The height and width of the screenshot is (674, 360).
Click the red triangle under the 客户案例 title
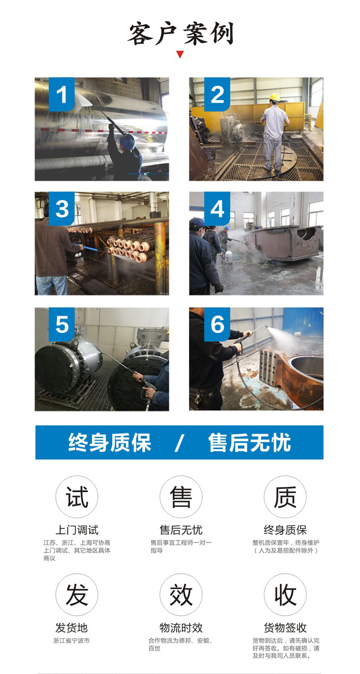(x=180, y=54)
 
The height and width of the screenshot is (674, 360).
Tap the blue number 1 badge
(x=62, y=94)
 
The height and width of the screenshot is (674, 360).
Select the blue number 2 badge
(x=217, y=94)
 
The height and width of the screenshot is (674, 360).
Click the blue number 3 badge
(x=62, y=209)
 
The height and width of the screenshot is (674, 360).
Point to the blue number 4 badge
(x=217, y=209)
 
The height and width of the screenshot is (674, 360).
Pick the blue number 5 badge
(x=62, y=324)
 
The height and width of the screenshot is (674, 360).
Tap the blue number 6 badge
(x=217, y=324)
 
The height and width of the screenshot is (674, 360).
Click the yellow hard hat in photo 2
(x=274, y=97)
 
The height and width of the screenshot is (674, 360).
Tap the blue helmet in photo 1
(x=127, y=141)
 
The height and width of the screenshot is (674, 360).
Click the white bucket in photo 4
(x=229, y=258)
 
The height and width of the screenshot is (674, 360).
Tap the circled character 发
(x=77, y=594)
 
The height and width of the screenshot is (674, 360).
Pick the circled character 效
(x=181, y=594)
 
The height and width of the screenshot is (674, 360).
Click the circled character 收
(x=285, y=594)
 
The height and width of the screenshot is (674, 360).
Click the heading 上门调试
(x=77, y=530)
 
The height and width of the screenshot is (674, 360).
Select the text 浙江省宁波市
(x=72, y=641)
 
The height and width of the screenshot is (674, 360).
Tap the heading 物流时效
(x=181, y=628)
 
